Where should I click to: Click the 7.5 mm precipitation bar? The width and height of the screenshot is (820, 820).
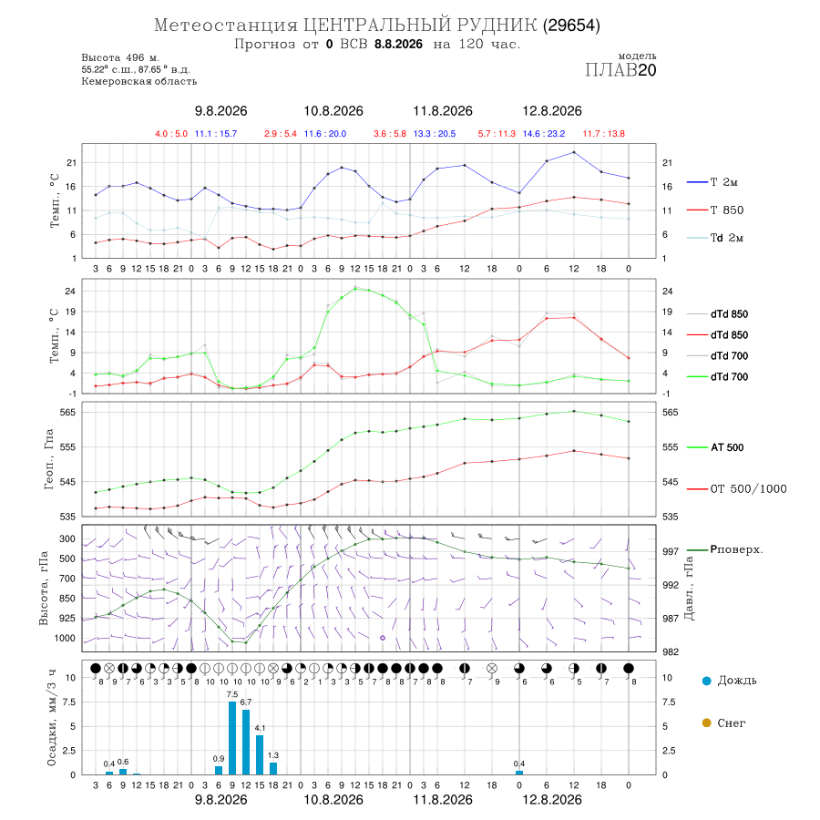tap(232, 738)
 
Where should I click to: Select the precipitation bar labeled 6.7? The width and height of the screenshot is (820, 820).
tap(246, 742)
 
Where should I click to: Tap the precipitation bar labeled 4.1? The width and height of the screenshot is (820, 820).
tap(260, 754)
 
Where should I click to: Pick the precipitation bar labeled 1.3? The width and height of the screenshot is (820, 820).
tap(273, 768)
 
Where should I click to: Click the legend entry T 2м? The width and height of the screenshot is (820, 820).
tap(712, 182)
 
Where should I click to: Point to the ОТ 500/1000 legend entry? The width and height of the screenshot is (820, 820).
tap(737, 489)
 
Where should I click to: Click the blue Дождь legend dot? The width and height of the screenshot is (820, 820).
tap(706, 681)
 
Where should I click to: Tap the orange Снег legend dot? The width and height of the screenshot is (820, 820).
tap(706, 723)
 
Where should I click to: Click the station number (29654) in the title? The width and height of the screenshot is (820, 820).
tap(571, 26)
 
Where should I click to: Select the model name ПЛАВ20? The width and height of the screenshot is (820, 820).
tap(620, 69)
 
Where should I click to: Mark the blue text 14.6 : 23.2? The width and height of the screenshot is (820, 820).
tap(544, 134)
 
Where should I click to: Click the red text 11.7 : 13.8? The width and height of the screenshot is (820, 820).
tap(604, 134)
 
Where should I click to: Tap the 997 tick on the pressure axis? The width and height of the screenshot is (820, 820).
tap(671, 551)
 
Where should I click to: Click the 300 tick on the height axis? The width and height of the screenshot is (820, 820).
tap(67, 538)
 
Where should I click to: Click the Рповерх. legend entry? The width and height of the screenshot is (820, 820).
tap(725, 549)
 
